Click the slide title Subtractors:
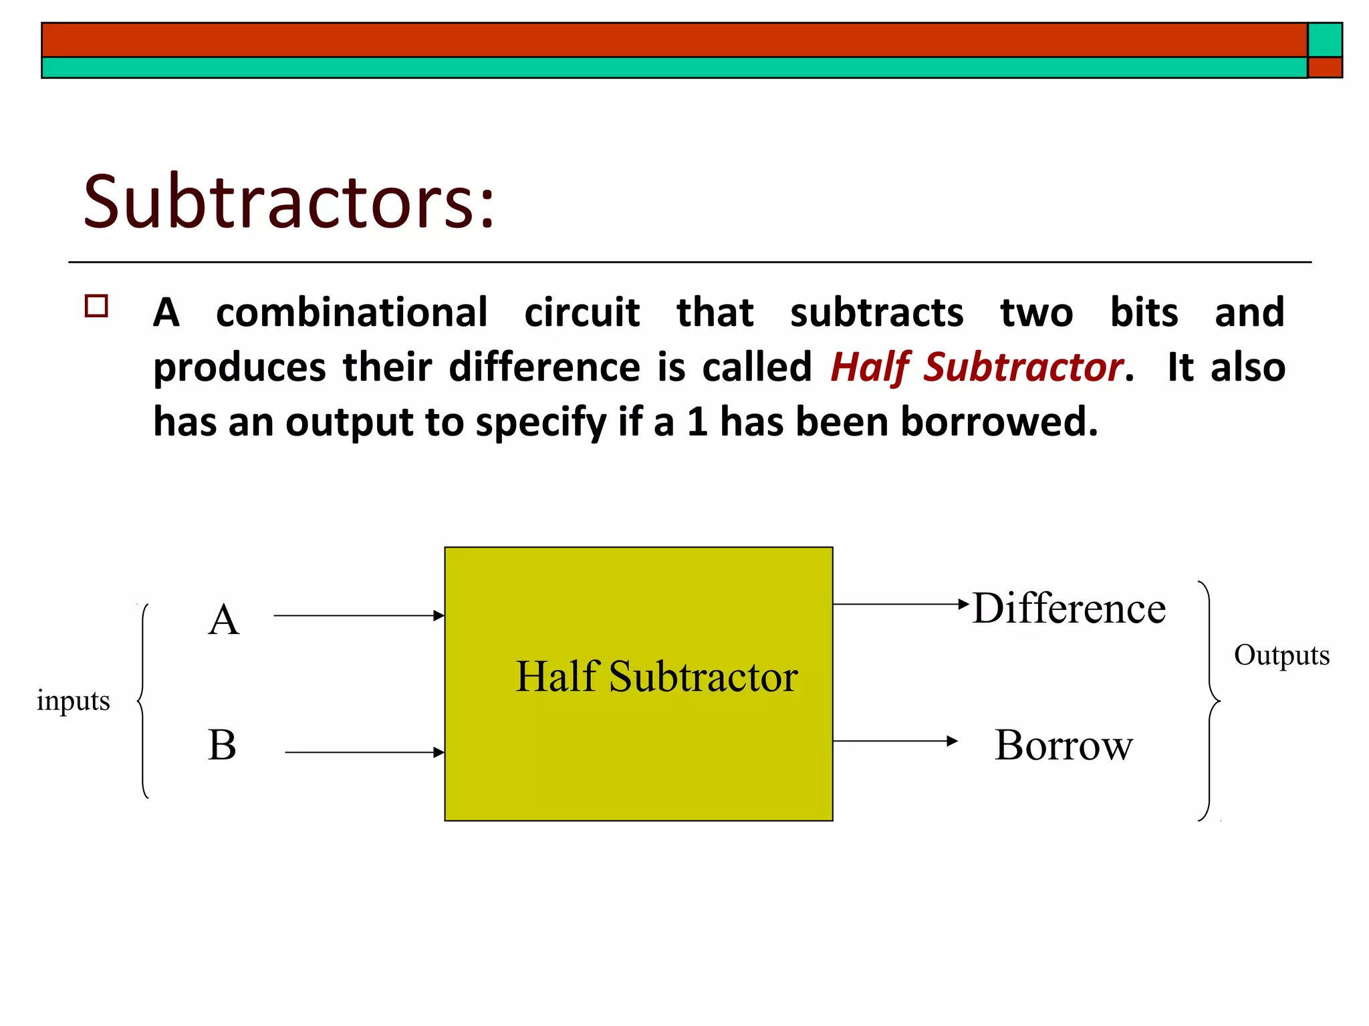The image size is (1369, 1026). (x=289, y=202)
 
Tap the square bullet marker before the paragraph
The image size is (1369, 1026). (x=97, y=306)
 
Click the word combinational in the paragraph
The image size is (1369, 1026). (x=352, y=313)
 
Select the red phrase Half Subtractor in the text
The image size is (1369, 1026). (x=975, y=367)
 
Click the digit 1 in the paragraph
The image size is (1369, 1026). (x=697, y=422)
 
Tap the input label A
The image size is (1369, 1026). (x=223, y=619)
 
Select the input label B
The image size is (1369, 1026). (x=222, y=745)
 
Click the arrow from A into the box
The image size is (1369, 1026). (x=359, y=616)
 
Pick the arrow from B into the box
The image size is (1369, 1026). (x=364, y=753)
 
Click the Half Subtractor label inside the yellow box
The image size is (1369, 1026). (x=656, y=677)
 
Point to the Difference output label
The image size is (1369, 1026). (x=1069, y=609)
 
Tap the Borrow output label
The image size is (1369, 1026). (x=1064, y=745)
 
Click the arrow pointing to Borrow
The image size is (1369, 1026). (x=895, y=741)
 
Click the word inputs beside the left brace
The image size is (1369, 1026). (x=74, y=701)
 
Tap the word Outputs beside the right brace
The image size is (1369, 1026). (x=1281, y=655)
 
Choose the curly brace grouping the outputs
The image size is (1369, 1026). (x=1210, y=701)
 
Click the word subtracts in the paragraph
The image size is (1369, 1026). (x=876, y=313)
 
